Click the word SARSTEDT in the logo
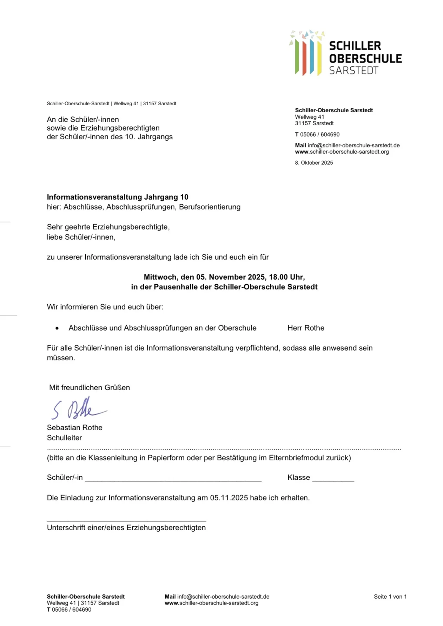coord(353,71)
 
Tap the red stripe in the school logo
coord(304,58)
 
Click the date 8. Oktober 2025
coord(314,163)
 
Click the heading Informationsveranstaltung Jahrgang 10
coord(118,197)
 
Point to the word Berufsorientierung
coord(210,207)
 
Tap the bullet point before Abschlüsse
coord(57,328)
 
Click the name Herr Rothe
coord(306,328)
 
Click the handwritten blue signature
coord(79,409)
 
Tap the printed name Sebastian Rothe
coord(75,428)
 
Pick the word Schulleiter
coord(64,438)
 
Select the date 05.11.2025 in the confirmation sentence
coord(229,498)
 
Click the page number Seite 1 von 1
coord(390,597)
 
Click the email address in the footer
coord(223,597)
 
